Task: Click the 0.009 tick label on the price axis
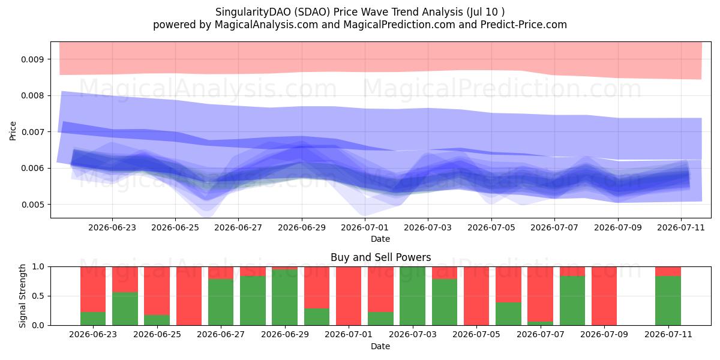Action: (x=31, y=59)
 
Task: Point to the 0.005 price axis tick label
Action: (x=31, y=205)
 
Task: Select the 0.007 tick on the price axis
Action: (x=31, y=132)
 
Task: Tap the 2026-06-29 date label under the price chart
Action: (x=301, y=227)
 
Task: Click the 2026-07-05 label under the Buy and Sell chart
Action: (x=476, y=334)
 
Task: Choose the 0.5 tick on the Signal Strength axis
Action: (x=38, y=296)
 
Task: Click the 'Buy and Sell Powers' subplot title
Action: (x=380, y=257)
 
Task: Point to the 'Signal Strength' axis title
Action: (x=22, y=296)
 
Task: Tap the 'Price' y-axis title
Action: (x=13, y=131)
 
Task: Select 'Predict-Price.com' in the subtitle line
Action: (x=524, y=25)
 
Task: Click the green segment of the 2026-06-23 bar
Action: (x=93, y=319)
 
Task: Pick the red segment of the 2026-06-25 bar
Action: (x=157, y=291)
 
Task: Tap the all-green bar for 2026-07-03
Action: (x=412, y=296)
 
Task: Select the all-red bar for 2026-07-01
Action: (x=349, y=296)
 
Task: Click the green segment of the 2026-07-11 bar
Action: (x=668, y=301)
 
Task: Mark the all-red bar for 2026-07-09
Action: (x=604, y=296)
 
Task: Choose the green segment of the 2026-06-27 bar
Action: (x=221, y=302)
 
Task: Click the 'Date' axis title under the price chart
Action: (x=380, y=239)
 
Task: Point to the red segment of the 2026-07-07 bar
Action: (x=541, y=294)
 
